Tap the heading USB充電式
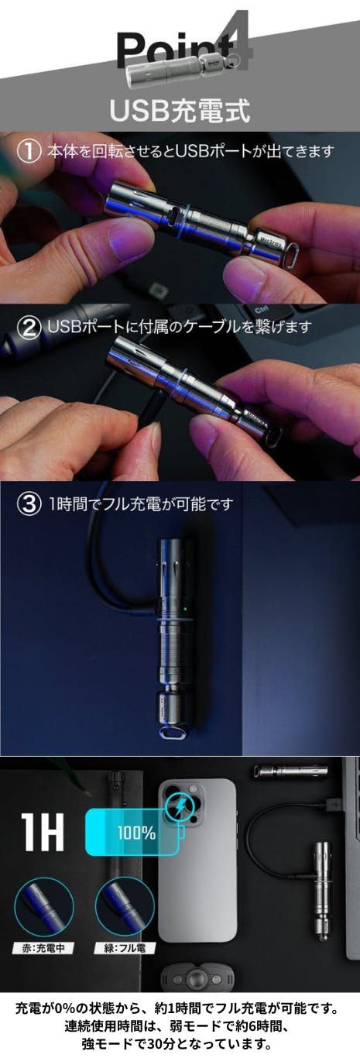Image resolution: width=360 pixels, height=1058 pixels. coord(180,111)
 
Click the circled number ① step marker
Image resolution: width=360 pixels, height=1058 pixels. coord(29,151)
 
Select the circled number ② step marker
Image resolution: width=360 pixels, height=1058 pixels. coord(29,327)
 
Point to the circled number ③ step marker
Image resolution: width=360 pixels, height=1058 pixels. coord(29,504)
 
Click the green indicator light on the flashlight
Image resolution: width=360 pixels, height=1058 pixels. coord(186,607)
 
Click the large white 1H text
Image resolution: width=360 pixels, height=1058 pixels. coord(43,832)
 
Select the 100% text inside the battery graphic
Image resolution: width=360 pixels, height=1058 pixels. coord(136,833)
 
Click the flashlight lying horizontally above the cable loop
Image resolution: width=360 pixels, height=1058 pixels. coord(290,772)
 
